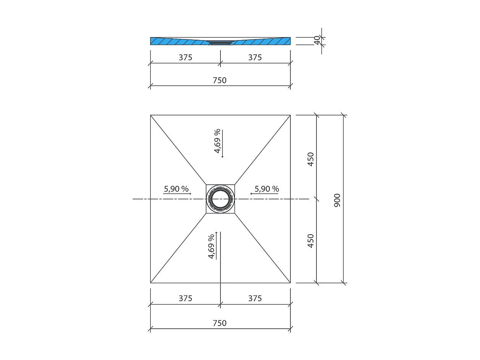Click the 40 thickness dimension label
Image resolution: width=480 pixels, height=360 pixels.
[x=317, y=40]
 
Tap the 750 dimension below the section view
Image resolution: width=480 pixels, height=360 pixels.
[x=219, y=80]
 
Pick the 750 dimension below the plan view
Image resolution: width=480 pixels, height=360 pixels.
[x=219, y=323]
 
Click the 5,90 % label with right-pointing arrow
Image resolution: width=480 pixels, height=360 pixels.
[x=176, y=189]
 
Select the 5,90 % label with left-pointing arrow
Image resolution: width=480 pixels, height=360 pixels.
[x=267, y=189]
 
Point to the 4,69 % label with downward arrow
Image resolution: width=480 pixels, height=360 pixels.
[x=217, y=141]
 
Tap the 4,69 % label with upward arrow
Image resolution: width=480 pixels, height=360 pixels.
[x=211, y=246]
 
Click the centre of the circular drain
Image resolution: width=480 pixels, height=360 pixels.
[x=220, y=199]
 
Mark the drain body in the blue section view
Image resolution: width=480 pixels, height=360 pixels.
[x=220, y=42]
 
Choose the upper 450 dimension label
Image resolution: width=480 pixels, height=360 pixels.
[x=310, y=159]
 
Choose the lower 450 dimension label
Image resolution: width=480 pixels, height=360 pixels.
[x=310, y=241]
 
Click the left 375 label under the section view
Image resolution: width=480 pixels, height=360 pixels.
[x=185, y=57]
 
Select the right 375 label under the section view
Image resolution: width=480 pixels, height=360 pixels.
[x=255, y=57]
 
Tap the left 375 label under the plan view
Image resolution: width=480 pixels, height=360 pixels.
[x=185, y=298]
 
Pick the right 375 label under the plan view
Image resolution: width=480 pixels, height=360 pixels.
[x=255, y=298]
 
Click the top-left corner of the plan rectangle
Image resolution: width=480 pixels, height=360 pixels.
[x=151, y=115]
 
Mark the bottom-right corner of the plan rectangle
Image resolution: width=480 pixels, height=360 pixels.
[x=290, y=283]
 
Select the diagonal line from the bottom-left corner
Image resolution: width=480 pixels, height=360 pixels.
[x=178, y=248]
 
